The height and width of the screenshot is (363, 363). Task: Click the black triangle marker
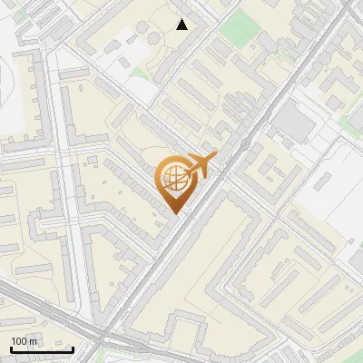point(182,25)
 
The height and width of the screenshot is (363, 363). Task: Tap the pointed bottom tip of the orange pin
point(173,212)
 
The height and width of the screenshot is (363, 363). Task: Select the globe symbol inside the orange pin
point(173,180)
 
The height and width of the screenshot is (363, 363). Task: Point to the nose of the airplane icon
point(214,157)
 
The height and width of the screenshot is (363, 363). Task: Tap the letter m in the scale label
point(34,340)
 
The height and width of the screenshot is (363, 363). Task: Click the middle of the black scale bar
point(42,349)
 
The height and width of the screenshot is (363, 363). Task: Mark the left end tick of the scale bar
point(11,348)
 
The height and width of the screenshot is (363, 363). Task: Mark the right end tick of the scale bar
point(73,348)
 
